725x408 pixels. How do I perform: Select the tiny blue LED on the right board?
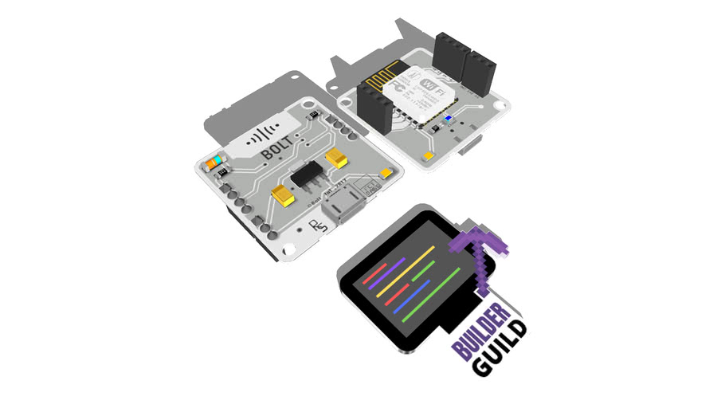pyautogui.click(x=447, y=120)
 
